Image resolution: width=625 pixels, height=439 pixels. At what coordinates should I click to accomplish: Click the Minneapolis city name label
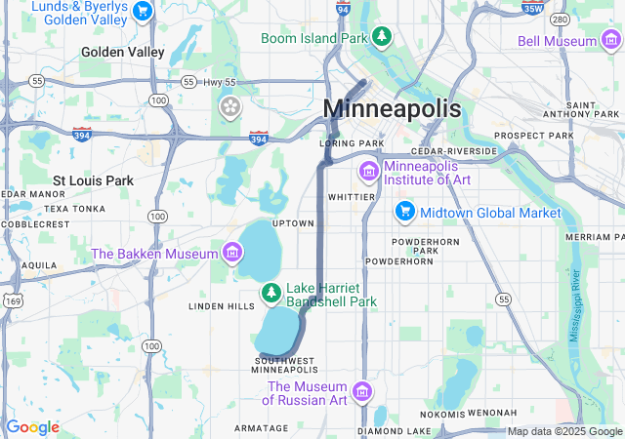tap(391, 108)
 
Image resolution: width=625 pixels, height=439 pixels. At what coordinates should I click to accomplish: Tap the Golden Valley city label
tap(123, 52)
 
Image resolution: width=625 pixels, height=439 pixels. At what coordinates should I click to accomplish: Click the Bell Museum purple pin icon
tap(610, 41)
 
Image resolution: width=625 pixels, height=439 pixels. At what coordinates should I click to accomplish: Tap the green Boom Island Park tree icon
tap(384, 38)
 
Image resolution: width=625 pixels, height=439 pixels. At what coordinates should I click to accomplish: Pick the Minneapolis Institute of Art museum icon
tap(368, 173)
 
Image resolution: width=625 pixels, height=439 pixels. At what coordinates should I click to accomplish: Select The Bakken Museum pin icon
tap(231, 254)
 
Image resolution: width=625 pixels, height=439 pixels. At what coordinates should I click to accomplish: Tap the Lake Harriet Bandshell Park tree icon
tap(271, 292)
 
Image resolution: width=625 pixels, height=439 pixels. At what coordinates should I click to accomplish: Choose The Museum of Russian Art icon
tap(362, 392)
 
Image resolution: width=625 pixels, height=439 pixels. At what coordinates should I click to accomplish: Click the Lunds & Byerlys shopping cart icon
tap(144, 12)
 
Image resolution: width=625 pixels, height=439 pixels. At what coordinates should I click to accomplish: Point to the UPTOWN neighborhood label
tap(293, 223)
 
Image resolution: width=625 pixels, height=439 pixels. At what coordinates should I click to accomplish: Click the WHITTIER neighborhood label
tap(352, 196)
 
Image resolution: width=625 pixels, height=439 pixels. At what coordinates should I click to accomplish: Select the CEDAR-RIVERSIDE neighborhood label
tap(454, 151)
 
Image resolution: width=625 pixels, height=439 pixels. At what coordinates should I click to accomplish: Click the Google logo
tap(32, 427)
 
